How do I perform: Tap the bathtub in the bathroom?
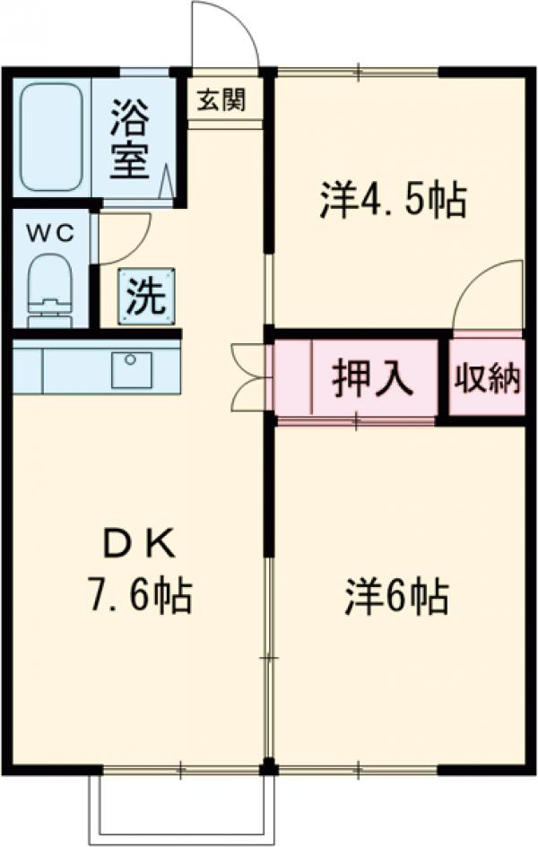coord(50,136)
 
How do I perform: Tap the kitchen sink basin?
coord(132,369)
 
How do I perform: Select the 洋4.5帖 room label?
coord(393,200)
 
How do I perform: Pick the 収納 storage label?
coord(486,379)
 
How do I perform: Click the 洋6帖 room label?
coord(396,596)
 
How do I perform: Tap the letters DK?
coord(141,544)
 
